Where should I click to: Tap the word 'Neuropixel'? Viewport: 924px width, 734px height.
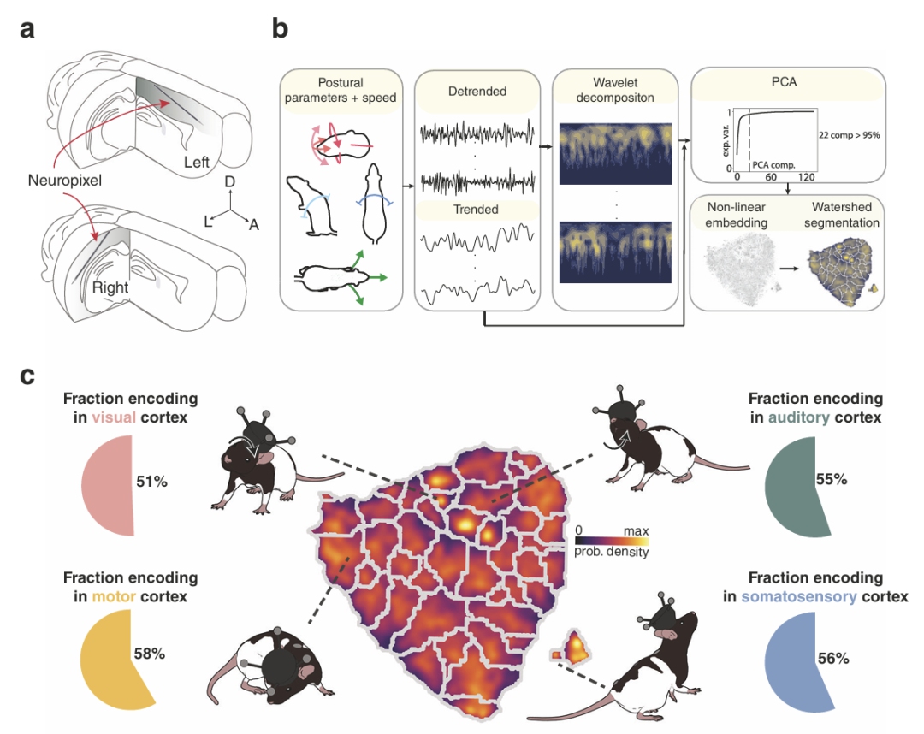pyautogui.click(x=58, y=181)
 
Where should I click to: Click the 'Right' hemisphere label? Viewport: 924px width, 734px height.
pyautogui.click(x=110, y=287)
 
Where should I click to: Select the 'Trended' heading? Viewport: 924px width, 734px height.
pyautogui.click(x=476, y=210)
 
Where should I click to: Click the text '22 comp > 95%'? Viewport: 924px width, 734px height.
pyautogui.click(x=849, y=134)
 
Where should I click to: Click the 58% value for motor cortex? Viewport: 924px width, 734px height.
pyautogui.click(x=149, y=654)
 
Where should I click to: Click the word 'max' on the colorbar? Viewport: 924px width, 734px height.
pyautogui.click(x=635, y=531)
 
